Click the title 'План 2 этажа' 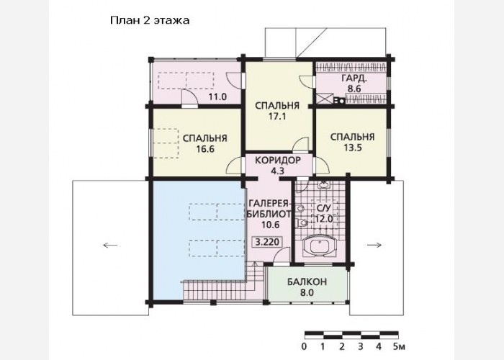[150, 21]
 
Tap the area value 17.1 [277, 117]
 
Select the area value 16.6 [205, 149]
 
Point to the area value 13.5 [353, 148]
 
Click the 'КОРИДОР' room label [278, 160]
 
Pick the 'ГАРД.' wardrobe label [354, 78]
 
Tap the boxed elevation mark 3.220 [268, 242]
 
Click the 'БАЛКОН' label [307, 282]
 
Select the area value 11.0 [217, 96]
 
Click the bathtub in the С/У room [319, 246]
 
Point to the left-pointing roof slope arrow [110, 246]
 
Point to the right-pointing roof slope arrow [374, 245]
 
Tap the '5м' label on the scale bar [400, 347]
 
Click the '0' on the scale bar [304, 347]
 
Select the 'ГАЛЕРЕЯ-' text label [269, 204]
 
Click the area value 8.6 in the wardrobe [354, 89]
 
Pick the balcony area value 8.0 [307, 293]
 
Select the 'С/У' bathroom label [323, 208]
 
